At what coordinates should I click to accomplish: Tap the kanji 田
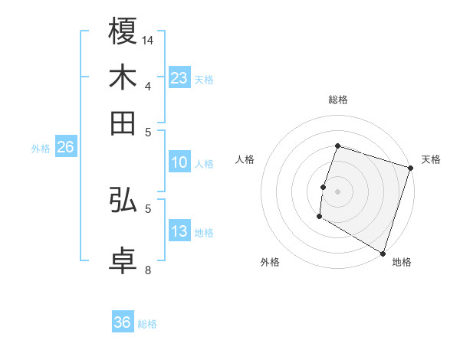tap(123, 123)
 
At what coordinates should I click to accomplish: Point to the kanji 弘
tap(123, 201)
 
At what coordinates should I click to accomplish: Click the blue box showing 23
tap(179, 77)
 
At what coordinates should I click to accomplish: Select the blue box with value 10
tap(179, 162)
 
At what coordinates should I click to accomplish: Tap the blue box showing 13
tap(179, 231)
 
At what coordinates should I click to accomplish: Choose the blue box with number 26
tap(65, 147)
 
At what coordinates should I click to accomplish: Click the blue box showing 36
tap(123, 322)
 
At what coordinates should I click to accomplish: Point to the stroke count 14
tap(149, 39)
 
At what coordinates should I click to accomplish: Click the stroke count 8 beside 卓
tap(148, 270)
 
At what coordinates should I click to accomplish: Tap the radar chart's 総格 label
tap(337, 100)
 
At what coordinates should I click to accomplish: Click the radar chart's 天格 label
tap(431, 159)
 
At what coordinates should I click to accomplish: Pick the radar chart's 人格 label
tap(245, 159)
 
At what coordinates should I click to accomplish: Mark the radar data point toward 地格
tap(383, 253)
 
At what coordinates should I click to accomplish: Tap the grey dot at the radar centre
tap(337, 191)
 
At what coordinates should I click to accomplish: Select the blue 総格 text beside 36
tap(147, 324)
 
